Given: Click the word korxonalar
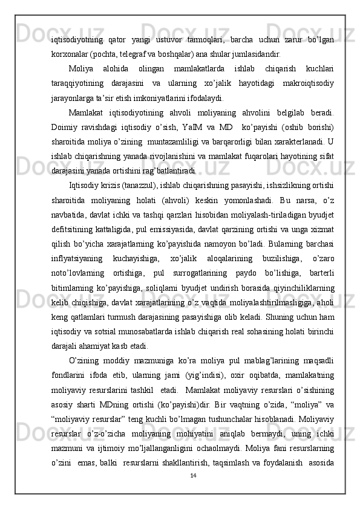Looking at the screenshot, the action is [68, 53].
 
